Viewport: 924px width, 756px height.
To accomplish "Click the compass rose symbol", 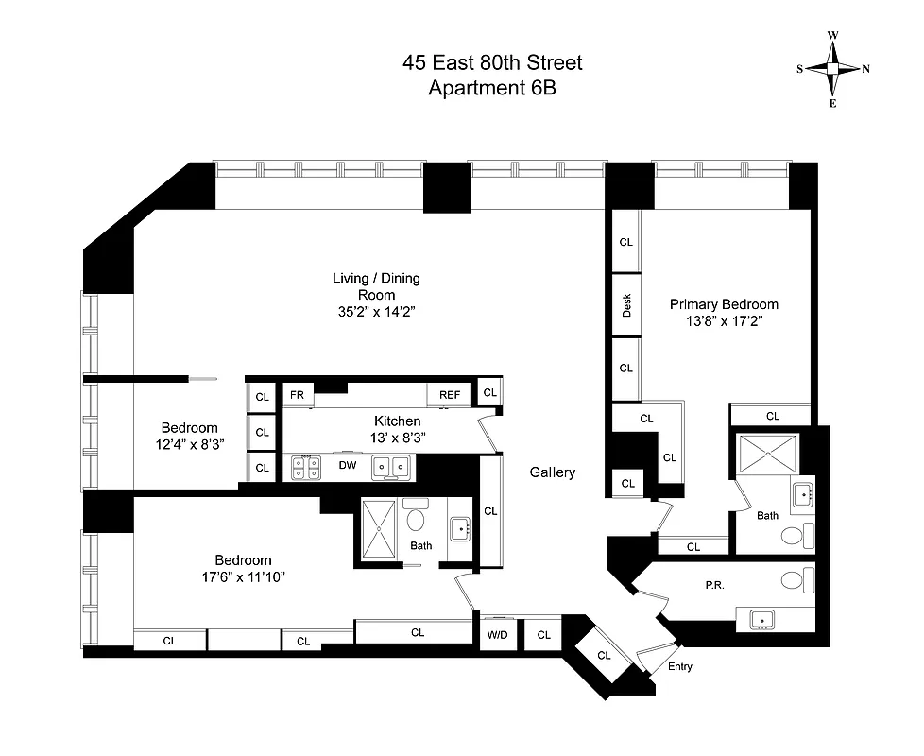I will click(832, 69).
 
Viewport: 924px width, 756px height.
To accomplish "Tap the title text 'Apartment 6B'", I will click(491, 89).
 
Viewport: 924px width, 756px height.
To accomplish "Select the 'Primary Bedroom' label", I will click(724, 304).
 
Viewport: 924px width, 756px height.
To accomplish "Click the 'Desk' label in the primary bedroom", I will click(626, 304).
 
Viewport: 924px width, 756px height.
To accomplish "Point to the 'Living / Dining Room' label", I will click(376, 286).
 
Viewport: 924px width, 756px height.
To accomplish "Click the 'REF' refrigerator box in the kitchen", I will click(448, 394).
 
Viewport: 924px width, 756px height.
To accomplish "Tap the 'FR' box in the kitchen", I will click(297, 394).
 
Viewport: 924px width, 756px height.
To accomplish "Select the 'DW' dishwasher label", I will click(347, 464).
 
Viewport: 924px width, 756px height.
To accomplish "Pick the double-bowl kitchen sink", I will click(391, 465).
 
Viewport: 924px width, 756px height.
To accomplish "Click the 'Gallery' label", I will click(553, 472).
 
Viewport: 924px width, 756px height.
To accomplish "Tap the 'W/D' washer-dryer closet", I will click(497, 635).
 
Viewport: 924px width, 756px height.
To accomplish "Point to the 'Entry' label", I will click(679, 667).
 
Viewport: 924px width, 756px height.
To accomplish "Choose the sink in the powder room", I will click(761, 620).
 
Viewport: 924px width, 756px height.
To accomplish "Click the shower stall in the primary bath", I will click(769, 454).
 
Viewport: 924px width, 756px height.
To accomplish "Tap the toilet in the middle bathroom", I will click(416, 520).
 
